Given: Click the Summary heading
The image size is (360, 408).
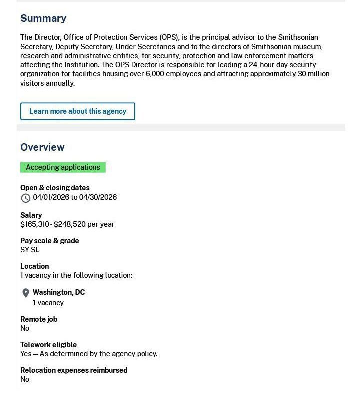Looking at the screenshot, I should [43, 18].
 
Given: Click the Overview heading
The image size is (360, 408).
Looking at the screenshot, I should [42, 147].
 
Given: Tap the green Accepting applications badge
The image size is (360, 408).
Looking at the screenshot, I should [63, 167].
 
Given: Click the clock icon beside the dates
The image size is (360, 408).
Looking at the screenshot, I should [26, 198].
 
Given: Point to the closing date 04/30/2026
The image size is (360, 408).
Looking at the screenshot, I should [98, 197].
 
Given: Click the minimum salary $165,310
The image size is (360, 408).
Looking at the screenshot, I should [34, 224].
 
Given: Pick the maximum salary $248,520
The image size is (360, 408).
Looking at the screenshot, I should [69, 224].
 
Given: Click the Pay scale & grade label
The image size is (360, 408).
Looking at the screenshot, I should [49, 241].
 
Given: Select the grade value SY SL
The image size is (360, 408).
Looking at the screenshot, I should [30, 250].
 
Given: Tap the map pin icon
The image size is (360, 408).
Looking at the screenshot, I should [26, 293].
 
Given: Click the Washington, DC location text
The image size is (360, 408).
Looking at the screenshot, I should [59, 292].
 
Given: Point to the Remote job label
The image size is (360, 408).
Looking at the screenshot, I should [39, 319].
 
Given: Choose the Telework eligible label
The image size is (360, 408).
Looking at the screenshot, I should [48, 345].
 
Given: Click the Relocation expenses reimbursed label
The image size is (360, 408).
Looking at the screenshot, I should [74, 370].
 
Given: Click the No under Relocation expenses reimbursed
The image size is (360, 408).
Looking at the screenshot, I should [25, 379].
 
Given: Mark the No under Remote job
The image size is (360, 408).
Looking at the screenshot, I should [25, 328].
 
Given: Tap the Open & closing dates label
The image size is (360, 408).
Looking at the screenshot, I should [55, 188].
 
